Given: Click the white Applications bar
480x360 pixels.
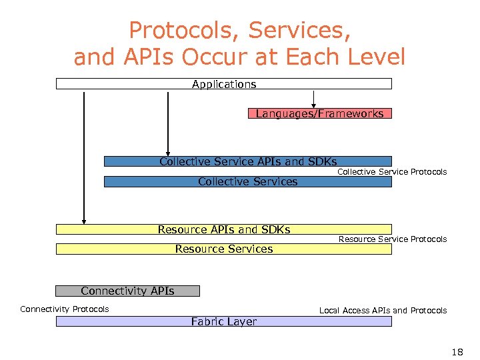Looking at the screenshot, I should [x=223, y=84].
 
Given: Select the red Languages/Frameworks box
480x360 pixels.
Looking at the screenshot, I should [x=319, y=113].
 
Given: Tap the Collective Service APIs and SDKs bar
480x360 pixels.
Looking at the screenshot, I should [x=247, y=161].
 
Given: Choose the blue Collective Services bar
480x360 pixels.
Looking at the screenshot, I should [x=247, y=181].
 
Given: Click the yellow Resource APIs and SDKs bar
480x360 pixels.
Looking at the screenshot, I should [x=223, y=229].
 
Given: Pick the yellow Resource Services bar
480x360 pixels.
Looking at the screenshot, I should [x=223, y=249].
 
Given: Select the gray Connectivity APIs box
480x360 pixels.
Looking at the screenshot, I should [x=127, y=291].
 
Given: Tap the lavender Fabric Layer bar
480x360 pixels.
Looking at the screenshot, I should [x=223, y=321].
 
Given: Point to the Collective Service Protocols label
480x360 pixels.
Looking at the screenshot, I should [x=392, y=172].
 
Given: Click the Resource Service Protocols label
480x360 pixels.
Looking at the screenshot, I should [x=393, y=239].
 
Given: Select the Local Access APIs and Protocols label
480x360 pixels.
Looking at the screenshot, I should [x=383, y=311].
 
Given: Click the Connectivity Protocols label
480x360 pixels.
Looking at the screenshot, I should [x=65, y=309].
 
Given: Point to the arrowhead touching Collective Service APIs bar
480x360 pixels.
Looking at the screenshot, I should [x=168, y=151].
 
